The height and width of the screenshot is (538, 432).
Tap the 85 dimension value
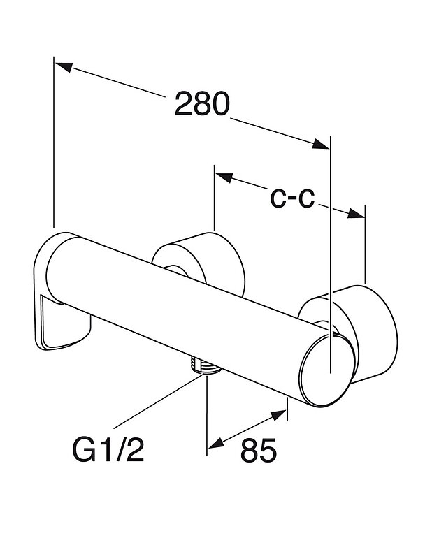(x=259, y=452)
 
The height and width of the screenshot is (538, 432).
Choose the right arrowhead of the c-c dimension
(x=357, y=214)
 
